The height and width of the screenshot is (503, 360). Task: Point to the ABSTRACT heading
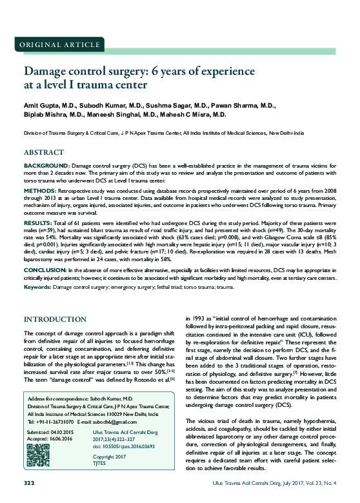43,153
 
